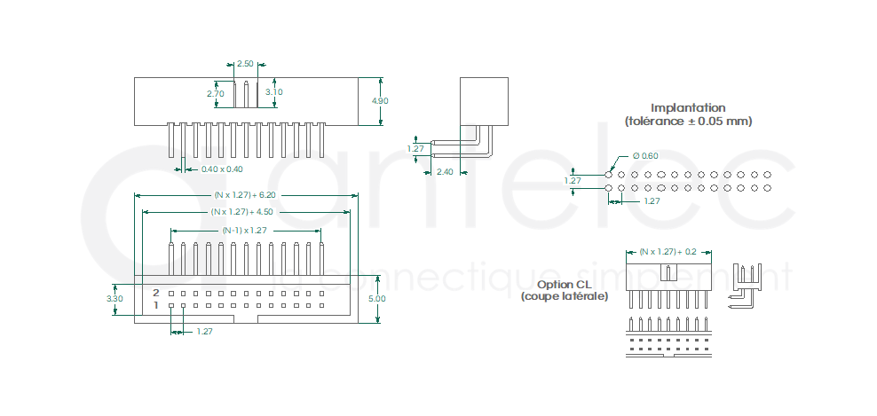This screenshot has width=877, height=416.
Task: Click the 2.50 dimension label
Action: tap(245, 64)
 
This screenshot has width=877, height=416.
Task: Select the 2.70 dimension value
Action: tap(215, 93)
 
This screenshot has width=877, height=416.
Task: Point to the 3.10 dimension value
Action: tap(274, 91)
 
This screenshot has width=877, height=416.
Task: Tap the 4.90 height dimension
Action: tap(380, 101)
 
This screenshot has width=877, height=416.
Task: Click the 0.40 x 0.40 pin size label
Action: tap(222, 169)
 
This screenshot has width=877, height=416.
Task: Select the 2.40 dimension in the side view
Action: tap(445, 171)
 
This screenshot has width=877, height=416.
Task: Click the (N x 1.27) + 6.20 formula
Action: tap(245, 194)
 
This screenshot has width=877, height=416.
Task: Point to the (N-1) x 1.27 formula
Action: tap(244, 230)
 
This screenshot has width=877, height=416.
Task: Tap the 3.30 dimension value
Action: tap(115, 299)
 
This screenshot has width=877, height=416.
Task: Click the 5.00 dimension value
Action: tap(377, 299)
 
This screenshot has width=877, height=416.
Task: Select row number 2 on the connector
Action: tap(156, 292)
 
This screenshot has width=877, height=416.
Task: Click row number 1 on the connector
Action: tap(156, 305)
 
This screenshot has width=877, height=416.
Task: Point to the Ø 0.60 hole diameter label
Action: tap(645, 156)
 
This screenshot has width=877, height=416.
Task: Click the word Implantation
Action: tap(688, 107)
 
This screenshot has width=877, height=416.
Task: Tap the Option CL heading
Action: tap(564, 285)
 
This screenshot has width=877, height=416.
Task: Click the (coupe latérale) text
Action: tap(565, 296)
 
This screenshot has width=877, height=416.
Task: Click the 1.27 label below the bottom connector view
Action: tap(204, 331)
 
